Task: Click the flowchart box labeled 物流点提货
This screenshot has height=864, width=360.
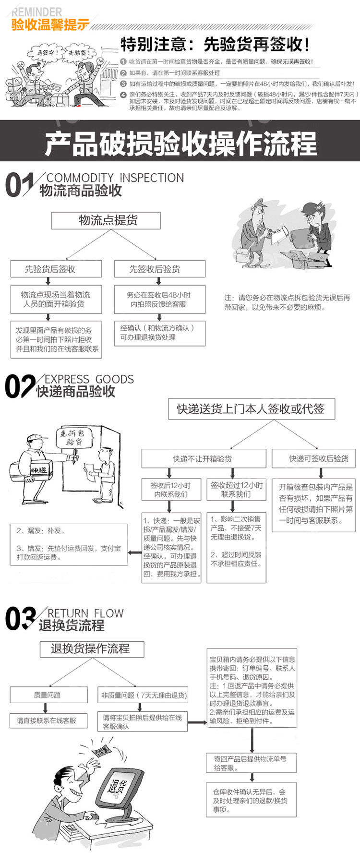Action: pyautogui.click(x=106, y=220)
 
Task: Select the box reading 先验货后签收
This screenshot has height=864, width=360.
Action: pyautogui.click(x=56, y=269)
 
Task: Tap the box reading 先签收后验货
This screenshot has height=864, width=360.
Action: pyautogui.click(x=159, y=269)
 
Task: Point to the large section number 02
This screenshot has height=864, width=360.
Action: pyautogui.click(x=19, y=387)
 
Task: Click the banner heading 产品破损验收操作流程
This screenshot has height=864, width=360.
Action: pyautogui.click(x=180, y=143)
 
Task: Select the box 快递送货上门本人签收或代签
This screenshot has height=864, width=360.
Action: pyautogui.click(x=251, y=409)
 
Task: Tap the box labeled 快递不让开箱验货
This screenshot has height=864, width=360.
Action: pyautogui.click(x=204, y=458)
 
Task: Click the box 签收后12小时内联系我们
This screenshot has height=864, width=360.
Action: pyautogui.click(x=169, y=490)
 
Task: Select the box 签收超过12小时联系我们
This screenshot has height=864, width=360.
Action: pyautogui.click(x=236, y=490)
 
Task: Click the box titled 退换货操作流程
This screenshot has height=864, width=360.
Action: pyautogui.click(x=91, y=648)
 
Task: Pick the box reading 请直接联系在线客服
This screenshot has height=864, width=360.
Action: pyautogui.click(x=48, y=720)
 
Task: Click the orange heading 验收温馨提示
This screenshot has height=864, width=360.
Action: pyautogui.click(x=50, y=24)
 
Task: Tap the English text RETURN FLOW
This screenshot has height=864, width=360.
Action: pyautogui.click(x=85, y=613)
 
